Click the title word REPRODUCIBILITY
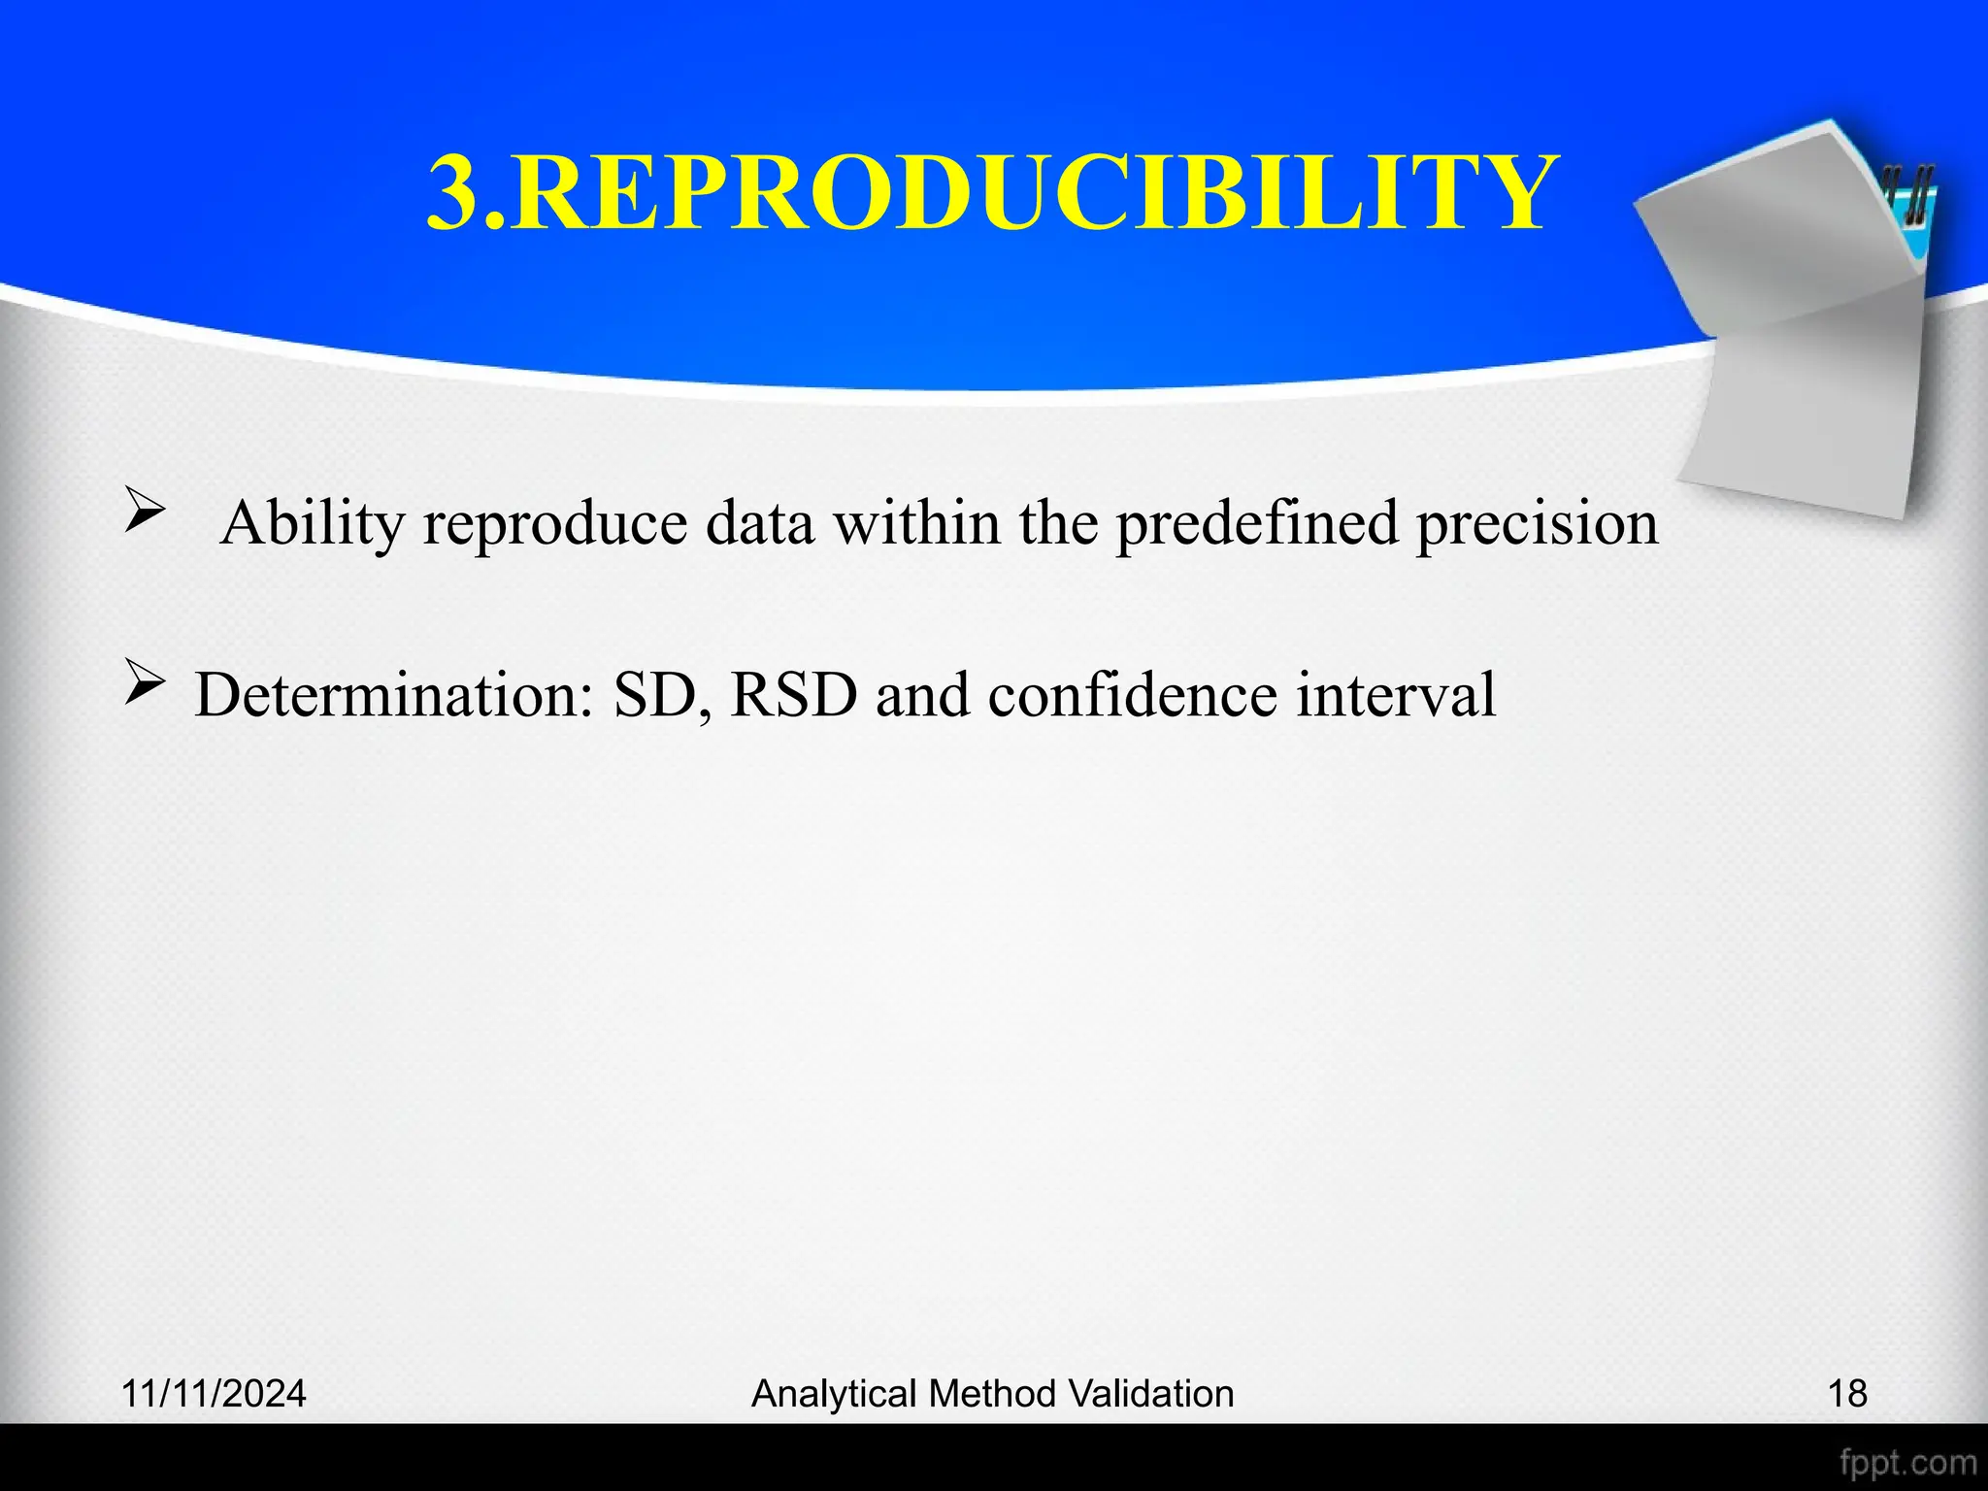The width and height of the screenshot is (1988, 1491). tap(1029, 194)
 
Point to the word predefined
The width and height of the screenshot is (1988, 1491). tap(1256, 524)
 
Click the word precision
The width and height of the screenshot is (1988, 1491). tap(1537, 524)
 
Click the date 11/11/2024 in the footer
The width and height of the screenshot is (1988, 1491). tap(214, 1394)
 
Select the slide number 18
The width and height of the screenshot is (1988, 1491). tap(1847, 1394)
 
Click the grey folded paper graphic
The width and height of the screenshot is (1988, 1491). tap(1796, 330)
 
